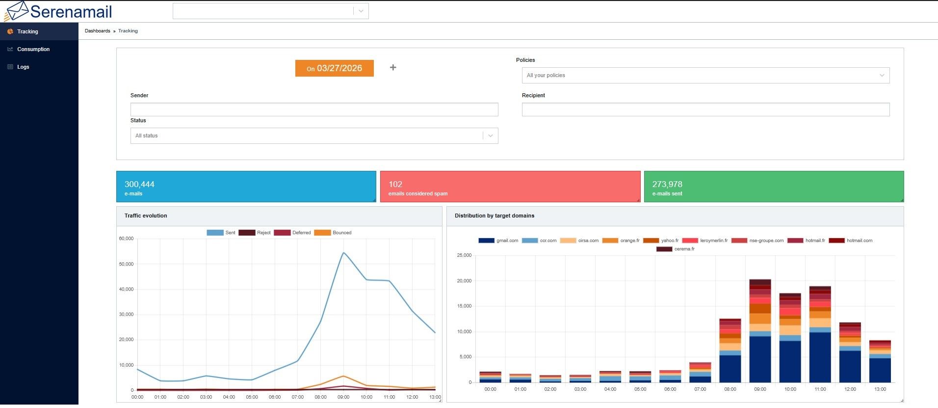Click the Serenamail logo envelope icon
[x=16, y=11]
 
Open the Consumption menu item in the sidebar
[x=33, y=49]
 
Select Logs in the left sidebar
[x=23, y=67]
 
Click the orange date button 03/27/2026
[x=334, y=68]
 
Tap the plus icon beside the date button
[x=393, y=67]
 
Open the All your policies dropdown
[x=705, y=75]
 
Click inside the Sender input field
[x=314, y=109]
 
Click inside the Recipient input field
[x=705, y=109]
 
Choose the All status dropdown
[x=314, y=136]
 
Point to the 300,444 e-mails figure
[x=139, y=184]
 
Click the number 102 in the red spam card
[x=395, y=184]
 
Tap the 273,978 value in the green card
[x=667, y=184]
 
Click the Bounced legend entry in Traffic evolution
[x=333, y=233]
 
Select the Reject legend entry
[x=255, y=233]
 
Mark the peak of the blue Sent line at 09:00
[x=343, y=253]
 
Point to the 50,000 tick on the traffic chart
[x=126, y=264]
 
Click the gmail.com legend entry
[x=498, y=241]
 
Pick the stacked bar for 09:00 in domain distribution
[x=760, y=331]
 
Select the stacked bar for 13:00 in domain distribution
[x=880, y=361]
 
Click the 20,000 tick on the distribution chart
[x=464, y=281]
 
